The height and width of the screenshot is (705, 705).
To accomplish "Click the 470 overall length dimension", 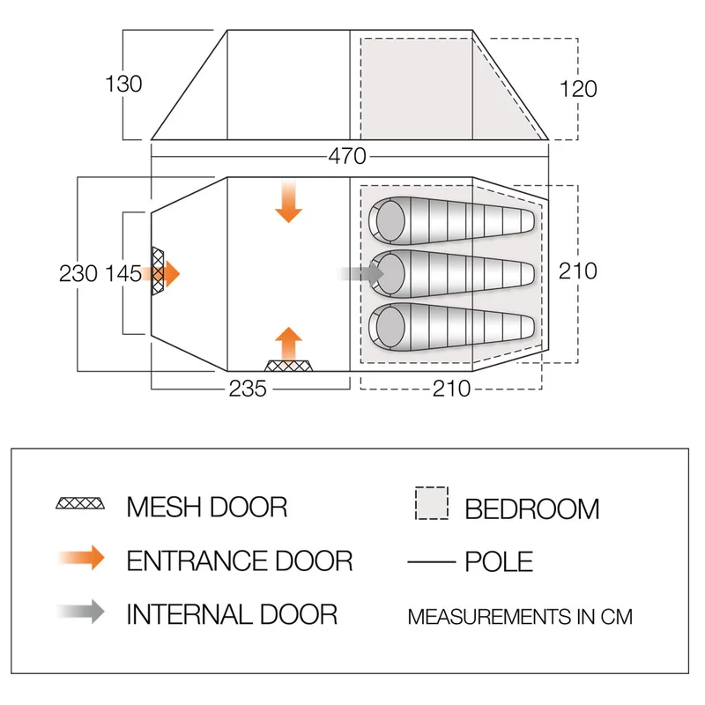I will tap(347, 157).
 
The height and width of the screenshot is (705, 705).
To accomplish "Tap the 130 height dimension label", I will tap(123, 85).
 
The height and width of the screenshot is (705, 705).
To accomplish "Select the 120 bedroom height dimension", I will tap(578, 88).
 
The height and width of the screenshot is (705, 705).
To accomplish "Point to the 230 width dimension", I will tap(78, 273).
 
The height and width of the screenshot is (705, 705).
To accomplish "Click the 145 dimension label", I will tap(122, 273).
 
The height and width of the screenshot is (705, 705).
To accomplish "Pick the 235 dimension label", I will tap(248, 389).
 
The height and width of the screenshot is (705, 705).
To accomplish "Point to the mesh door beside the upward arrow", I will tap(290, 365).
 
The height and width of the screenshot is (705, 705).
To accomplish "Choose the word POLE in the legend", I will tap(499, 561).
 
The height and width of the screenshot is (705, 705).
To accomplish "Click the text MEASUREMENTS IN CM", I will tap(520, 616).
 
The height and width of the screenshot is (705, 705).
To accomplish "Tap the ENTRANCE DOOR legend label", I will tap(240, 560).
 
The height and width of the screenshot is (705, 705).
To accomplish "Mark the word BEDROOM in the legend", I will tap(532, 508).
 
